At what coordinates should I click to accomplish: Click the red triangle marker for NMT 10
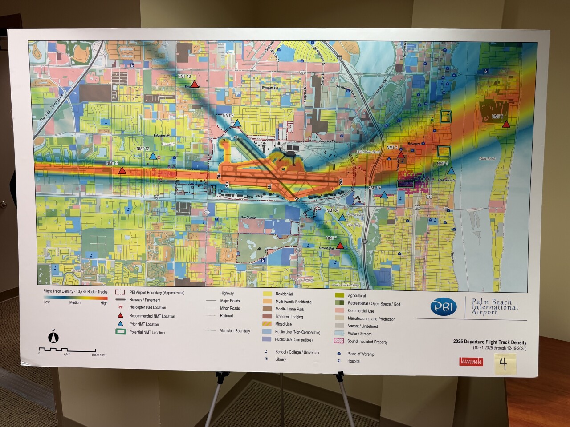pos(195,83)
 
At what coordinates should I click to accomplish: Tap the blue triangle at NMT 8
pos(237,123)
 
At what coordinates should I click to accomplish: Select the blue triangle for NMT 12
pos(153,156)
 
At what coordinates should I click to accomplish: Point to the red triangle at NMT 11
pos(122,170)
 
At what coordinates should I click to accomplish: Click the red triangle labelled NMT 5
pos(506,124)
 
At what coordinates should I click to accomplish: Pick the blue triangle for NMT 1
pos(451,171)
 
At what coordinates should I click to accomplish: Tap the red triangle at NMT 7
pos(340,245)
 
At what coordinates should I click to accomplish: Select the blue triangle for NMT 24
pos(342,218)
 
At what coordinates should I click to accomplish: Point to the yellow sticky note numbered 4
pos(503,364)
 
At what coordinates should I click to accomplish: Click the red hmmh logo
pos(471,362)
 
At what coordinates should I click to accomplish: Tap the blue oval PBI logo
pos(444,307)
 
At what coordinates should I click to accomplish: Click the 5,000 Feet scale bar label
pos(98,355)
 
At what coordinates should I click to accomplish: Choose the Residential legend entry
pos(284,294)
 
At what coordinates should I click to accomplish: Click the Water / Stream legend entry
pos(359,334)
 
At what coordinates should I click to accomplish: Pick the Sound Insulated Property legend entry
pos(367,342)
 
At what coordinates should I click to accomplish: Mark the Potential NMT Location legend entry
pos(147,332)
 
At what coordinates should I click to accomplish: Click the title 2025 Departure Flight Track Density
pos(489,342)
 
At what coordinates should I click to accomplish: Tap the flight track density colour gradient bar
pos(75,298)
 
